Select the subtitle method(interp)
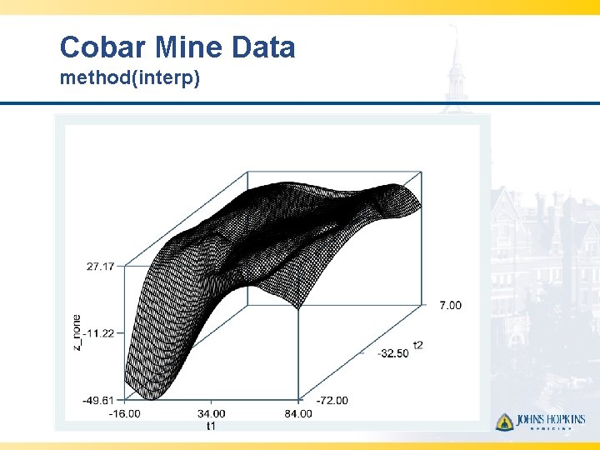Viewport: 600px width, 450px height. click(x=129, y=80)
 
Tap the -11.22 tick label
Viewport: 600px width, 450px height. click(x=99, y=333)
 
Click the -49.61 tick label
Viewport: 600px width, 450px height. click(x=99, y=400)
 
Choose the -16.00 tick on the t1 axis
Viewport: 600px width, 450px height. click(x=125, y=413)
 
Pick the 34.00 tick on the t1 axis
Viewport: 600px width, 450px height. click(x=212, y=413)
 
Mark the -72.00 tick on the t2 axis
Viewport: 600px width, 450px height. click(x=332, y=400)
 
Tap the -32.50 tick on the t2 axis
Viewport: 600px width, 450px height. click(x=393, y=353)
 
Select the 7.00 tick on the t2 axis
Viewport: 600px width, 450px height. click(x=450, y=306)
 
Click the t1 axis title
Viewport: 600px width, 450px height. click(x=212, y=426)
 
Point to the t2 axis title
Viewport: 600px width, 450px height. click(x=417, y=345)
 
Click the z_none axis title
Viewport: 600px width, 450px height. click(x=77, y=332)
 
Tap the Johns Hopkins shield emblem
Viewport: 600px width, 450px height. click(x=504, y=422)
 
